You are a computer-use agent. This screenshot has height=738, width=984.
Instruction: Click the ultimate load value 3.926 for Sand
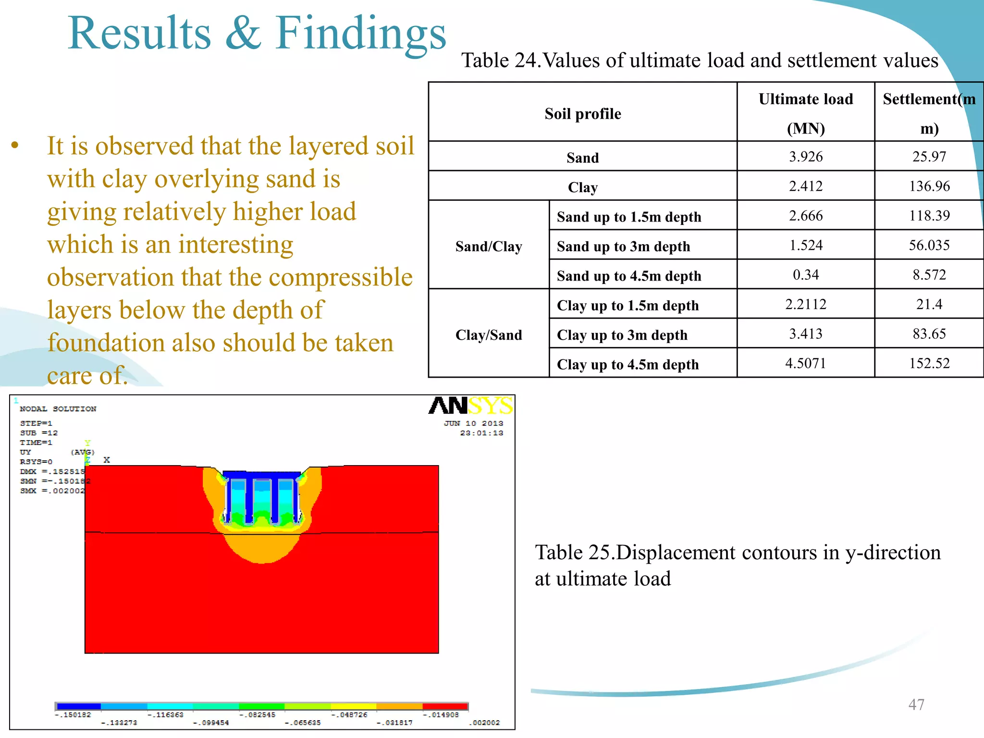pos(806,157)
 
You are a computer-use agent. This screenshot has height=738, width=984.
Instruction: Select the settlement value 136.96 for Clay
pos(929,186)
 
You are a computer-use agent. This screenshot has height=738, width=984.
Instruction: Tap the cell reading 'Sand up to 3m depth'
pos(623,246)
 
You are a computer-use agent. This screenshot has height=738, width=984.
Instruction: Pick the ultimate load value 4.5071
pos(806,363)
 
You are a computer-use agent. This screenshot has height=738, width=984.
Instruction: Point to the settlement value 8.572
pos(929,275)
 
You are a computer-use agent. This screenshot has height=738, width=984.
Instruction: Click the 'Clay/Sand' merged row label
pos(489,335)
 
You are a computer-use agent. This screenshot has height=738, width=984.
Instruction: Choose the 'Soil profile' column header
pos(582,114)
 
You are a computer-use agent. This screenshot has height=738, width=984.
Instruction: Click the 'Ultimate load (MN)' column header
pos(806,113)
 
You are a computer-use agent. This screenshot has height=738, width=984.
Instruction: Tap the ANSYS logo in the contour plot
pos(470,406)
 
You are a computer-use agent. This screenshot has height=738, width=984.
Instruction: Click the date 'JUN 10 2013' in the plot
pos(473,423)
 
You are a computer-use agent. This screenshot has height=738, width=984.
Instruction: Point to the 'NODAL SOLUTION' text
pos(58,409)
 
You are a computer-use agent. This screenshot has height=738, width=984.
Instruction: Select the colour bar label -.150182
pos(73,715)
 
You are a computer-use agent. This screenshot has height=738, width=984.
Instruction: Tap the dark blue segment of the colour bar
pos(78,706)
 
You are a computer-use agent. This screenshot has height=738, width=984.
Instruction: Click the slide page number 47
pos(916,704)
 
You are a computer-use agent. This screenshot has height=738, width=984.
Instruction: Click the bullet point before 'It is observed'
pos(15,145)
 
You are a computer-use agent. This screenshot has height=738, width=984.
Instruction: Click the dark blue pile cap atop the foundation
pos(262,475)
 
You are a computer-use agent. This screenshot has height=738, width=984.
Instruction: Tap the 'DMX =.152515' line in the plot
pos(52,471)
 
